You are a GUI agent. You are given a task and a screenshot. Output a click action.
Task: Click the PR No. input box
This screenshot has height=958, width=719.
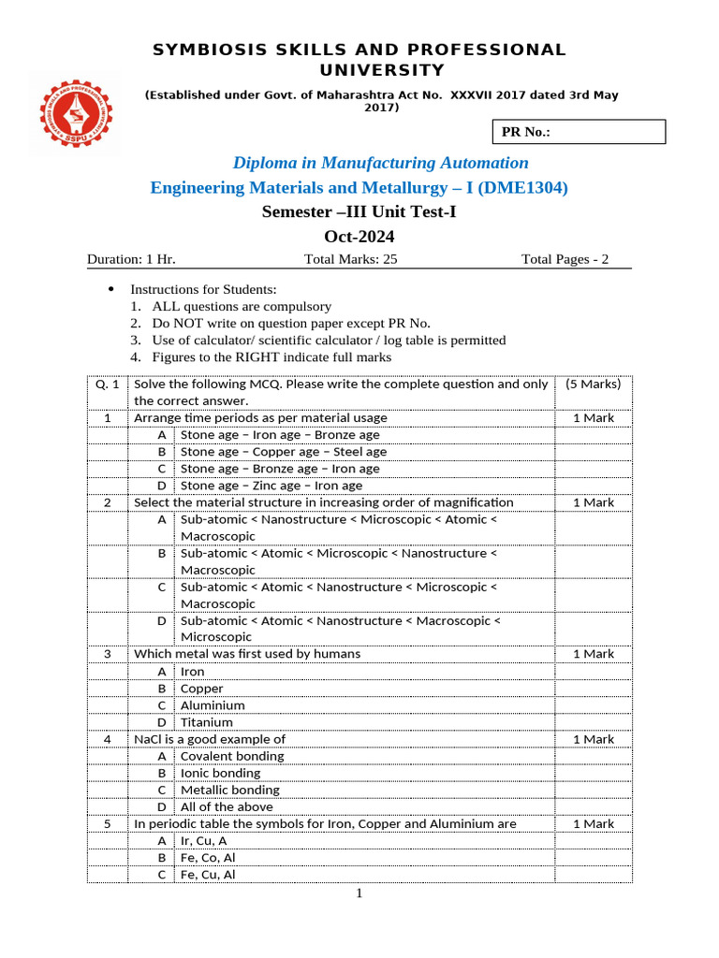578,132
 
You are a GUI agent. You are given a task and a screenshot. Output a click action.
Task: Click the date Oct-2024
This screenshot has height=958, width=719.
359,237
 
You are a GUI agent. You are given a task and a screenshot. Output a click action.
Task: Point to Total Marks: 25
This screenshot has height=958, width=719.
351,259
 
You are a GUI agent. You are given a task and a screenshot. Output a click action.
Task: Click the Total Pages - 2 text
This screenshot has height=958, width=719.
565,259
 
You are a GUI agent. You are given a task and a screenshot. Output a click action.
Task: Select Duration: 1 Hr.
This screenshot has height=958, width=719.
131,259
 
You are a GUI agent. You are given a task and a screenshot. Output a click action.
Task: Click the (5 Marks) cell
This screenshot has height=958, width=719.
594,385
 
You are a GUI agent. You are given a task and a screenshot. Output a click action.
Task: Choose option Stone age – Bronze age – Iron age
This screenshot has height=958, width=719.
280,469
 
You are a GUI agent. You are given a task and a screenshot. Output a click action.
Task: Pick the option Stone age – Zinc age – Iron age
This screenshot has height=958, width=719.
271,486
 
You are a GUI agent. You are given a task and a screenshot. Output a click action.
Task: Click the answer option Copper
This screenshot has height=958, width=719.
202,689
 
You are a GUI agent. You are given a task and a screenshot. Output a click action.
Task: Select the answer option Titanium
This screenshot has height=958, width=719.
207,722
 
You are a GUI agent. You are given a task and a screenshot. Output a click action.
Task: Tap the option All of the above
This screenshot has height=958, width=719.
227,806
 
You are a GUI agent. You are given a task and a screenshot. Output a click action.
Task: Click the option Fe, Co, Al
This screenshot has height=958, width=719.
208,857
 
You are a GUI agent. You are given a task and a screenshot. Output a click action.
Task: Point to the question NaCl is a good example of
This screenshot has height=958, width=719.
210,739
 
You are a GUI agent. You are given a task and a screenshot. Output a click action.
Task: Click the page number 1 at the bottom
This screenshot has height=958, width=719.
359,893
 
